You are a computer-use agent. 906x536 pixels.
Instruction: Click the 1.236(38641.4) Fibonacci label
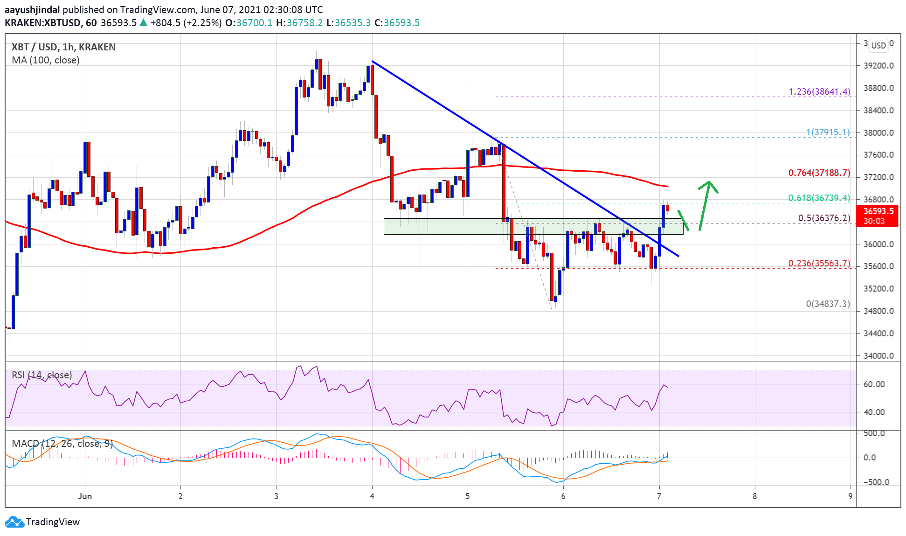point(819,91)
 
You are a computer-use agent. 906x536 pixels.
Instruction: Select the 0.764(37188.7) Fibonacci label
point(819,173)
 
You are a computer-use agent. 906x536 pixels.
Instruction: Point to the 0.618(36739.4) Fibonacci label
point(819,198)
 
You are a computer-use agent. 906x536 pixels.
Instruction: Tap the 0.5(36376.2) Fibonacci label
point(824,218)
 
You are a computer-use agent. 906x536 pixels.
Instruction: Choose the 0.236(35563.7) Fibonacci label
point(819,263)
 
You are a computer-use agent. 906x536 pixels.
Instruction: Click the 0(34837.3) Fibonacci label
point(828,304)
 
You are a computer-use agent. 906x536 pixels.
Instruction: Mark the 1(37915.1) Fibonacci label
point(828,132)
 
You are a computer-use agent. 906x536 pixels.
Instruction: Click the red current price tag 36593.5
point(878,216)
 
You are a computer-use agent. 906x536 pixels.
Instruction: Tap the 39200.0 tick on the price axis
point(878,66)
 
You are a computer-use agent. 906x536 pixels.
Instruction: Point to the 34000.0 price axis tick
point(878,355)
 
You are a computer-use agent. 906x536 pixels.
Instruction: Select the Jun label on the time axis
point(84,496)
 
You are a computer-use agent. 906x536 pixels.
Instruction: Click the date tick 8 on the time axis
point(754,496)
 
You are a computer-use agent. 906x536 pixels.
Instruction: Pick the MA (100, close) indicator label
point(46,60)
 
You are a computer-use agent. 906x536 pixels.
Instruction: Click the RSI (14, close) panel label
point(42,375)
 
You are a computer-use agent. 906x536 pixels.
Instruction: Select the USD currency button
point(878,45)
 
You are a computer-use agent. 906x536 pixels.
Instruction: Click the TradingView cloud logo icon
point(14,522)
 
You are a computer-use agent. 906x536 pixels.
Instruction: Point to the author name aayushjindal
point(32,9)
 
